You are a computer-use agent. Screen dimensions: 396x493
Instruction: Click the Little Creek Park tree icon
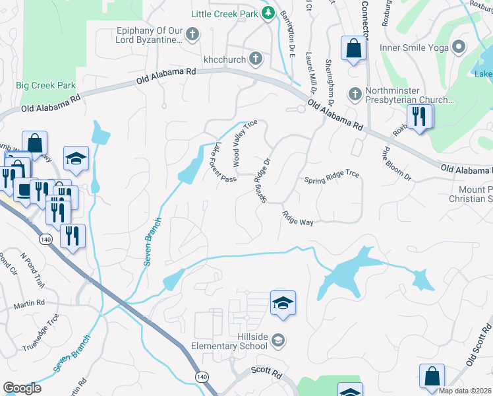268,13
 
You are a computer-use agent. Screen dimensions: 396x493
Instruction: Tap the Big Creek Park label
45,85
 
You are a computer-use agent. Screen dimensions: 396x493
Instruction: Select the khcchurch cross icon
256,59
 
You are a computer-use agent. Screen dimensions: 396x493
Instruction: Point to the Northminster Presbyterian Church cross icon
355,93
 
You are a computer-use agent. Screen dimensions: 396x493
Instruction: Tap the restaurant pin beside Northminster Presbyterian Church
419,117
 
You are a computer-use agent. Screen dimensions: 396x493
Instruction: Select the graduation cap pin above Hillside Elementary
283,303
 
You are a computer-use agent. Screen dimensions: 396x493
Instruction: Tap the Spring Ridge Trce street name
332,180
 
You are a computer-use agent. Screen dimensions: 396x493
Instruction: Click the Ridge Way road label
297,218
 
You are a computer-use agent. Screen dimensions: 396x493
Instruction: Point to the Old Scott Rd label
479,343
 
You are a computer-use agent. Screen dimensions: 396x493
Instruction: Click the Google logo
21,387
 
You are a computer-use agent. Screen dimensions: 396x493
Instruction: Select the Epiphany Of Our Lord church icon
192,34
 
